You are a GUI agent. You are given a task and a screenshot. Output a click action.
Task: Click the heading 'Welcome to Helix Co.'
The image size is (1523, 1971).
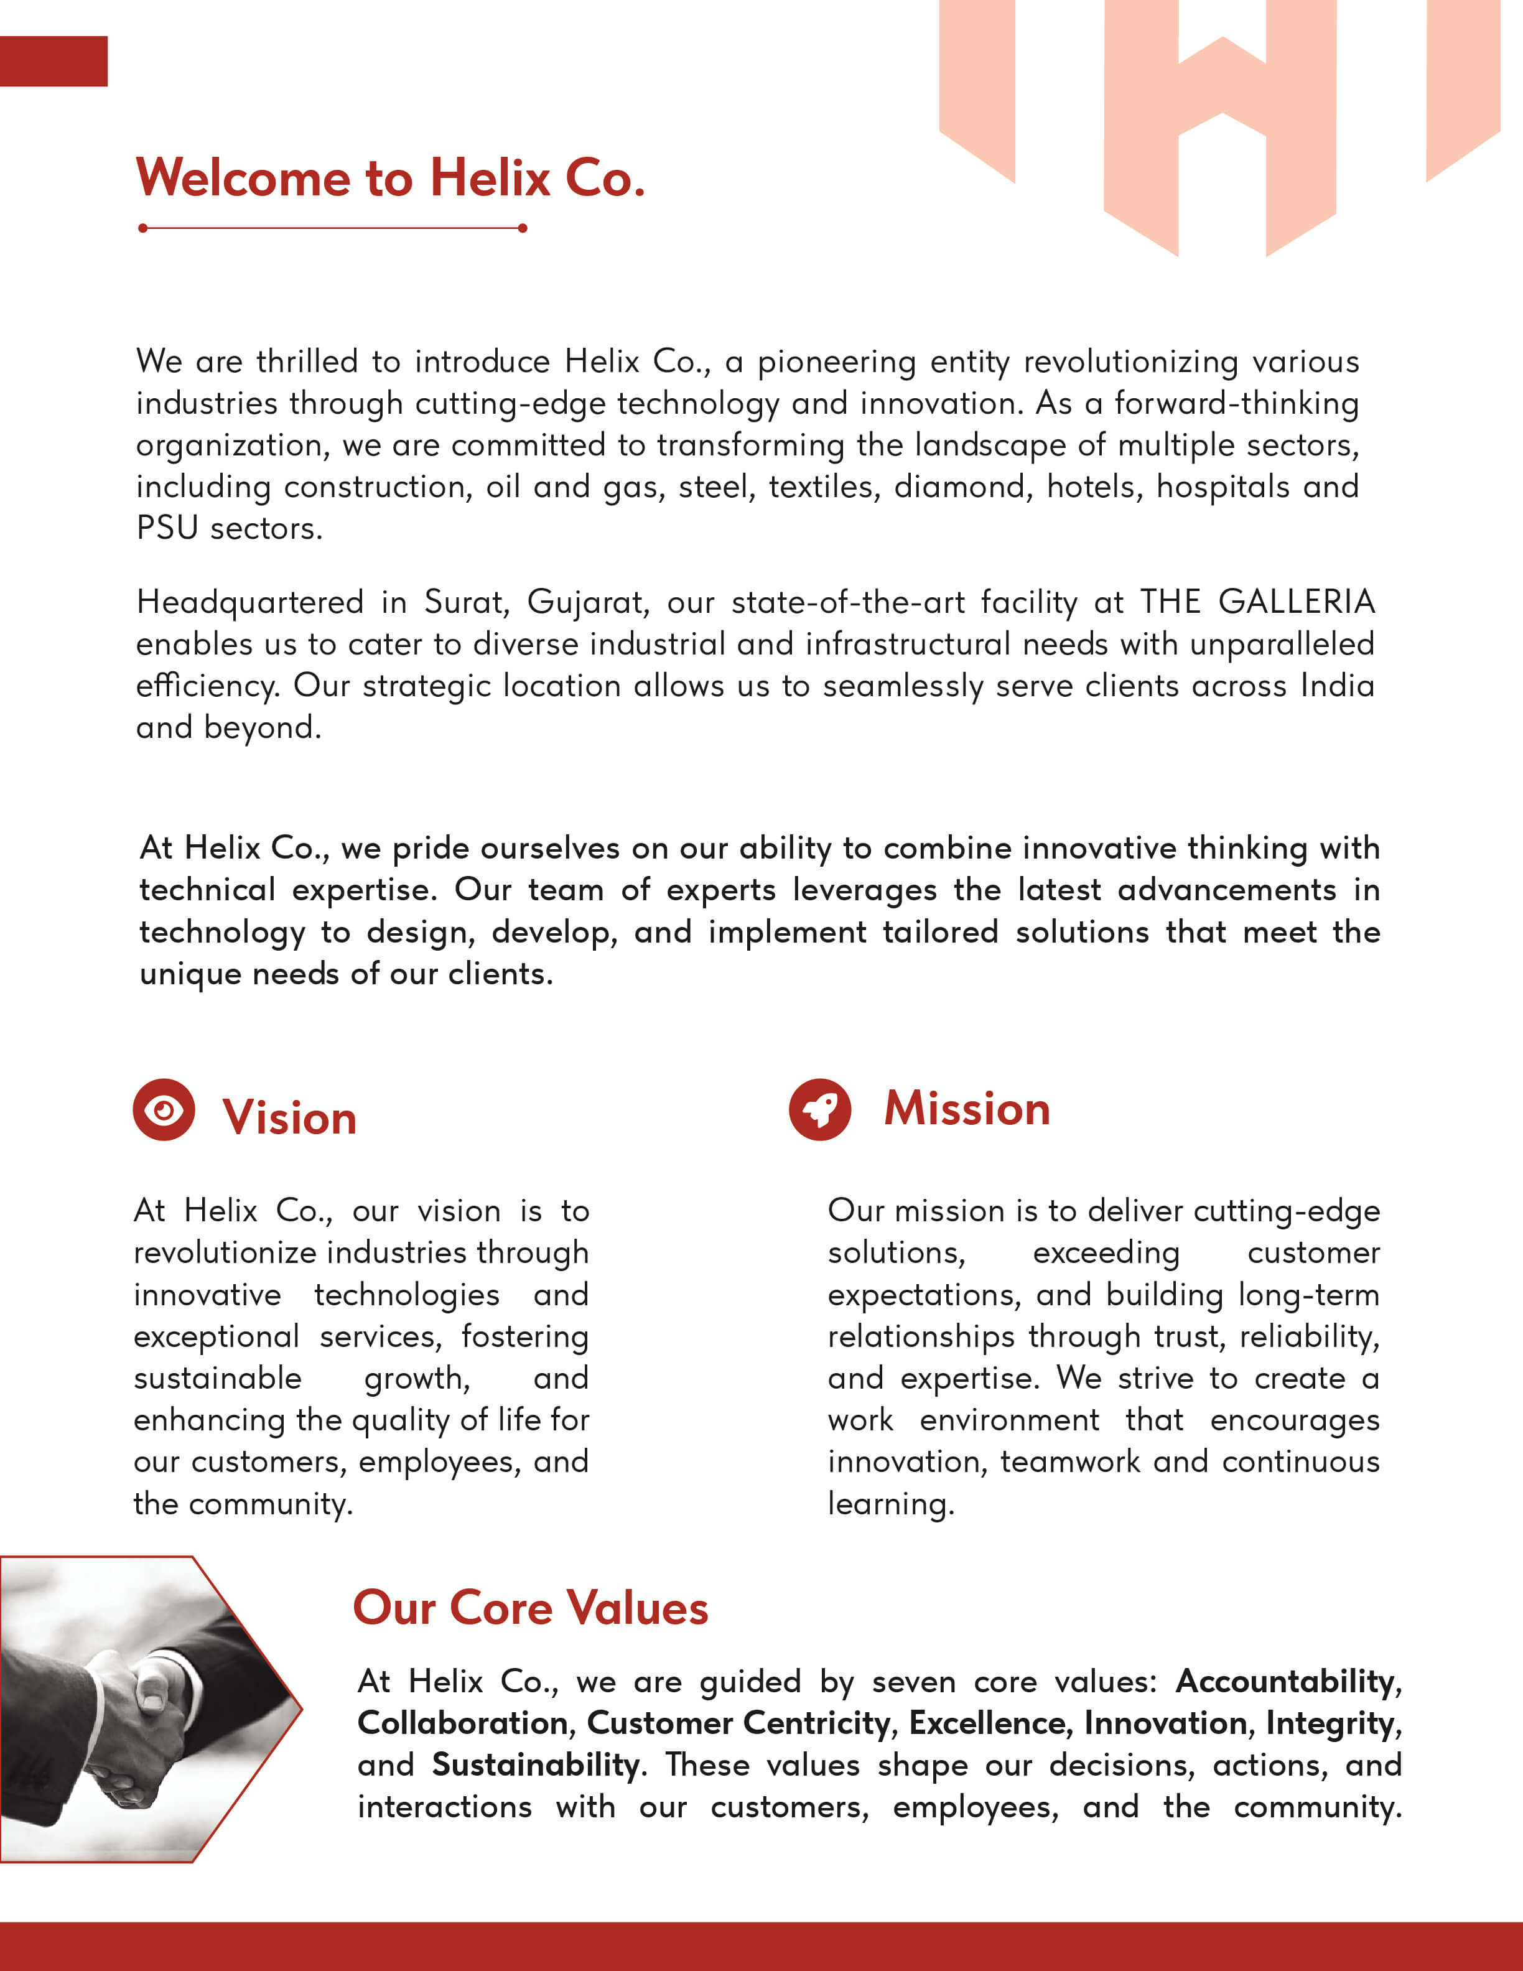(x=390, y=178)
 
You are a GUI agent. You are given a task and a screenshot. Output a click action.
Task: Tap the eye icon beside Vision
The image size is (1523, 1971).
(x=164, y=1109)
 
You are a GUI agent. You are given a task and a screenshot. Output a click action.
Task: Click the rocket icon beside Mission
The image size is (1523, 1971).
(x=819, y=1109)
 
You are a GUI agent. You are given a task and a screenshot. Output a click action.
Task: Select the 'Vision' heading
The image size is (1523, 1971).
(x=290, y=1117)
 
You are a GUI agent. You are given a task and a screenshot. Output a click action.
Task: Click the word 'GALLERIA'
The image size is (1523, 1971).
(x=1296, y=601)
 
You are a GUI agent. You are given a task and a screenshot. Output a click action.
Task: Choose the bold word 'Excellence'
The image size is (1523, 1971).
(x=988, y=1722)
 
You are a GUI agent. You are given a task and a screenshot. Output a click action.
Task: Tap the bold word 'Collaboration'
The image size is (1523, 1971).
(x=463, y=1722)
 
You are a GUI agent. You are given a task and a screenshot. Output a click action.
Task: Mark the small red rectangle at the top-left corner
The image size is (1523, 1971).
(x=54, y=62)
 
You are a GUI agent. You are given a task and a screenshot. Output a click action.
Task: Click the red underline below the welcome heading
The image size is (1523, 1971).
(x=332, y=228)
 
